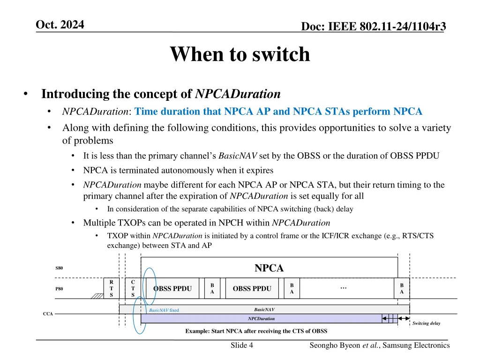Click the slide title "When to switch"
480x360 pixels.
tap(240, 54)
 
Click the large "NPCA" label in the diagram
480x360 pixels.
tap(269, 268)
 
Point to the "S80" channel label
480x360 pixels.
tap(59, 268)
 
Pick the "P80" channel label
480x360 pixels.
tap(59, 289)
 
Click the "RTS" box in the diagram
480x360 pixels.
tap(111, 288)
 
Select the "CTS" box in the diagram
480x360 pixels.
tap(133, 288)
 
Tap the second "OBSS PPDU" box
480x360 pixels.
tap(252, 288)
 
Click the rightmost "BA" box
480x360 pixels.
tap(402, 288)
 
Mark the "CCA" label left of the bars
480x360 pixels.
tap(48, 314)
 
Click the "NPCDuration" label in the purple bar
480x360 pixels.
tap(261, 319)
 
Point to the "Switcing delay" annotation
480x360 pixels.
tap(426, 323)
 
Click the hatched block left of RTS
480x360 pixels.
tap(97, 296)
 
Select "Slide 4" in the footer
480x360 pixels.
tap(242, 345)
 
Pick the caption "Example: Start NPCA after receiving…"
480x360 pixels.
tap(256, 331)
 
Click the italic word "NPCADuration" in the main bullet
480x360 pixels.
tap(238, 94)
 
